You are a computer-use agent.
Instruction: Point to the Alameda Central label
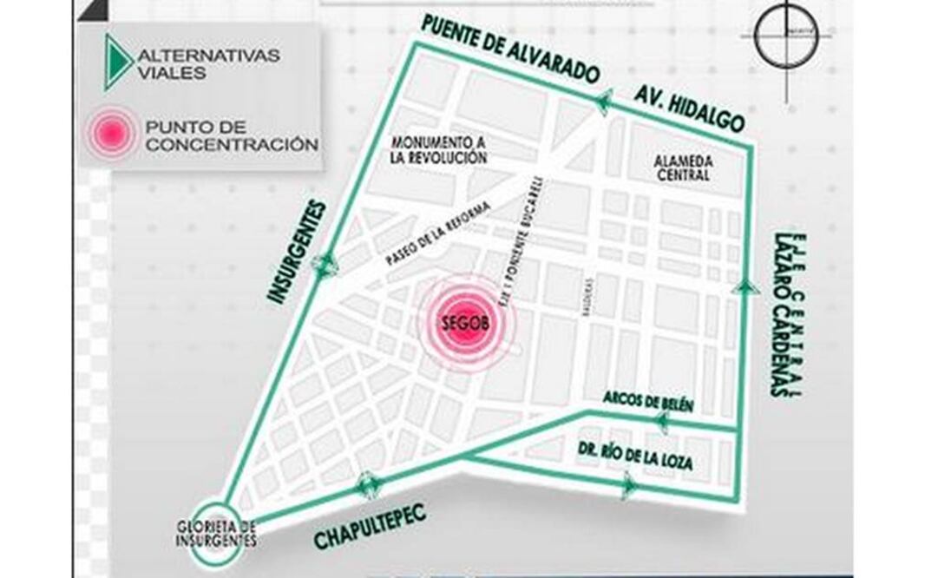(x=684, y=167)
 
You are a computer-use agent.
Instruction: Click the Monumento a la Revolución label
(x=436, y=149)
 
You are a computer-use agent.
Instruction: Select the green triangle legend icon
(x=116, y=62)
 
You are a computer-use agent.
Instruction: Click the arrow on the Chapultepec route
(x=366, y=483)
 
